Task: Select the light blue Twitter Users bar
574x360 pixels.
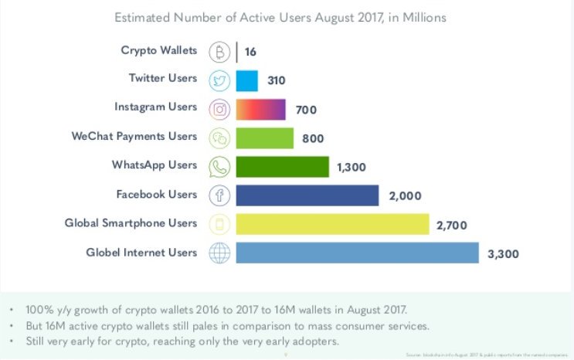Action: tap(246, 80)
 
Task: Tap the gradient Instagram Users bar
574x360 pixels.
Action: tap(260, 109)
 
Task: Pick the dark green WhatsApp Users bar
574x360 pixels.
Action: tap(283, 166)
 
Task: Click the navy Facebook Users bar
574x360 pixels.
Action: tap(307, 195)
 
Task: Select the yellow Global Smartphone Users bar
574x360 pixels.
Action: tap(332, 224)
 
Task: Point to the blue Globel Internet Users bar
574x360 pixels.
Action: tap(357, 253)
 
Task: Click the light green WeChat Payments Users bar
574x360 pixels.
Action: tap(264, 138)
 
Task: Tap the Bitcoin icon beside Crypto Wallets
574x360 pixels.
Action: tap(219, 51)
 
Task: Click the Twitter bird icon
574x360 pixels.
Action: tap(219, 80)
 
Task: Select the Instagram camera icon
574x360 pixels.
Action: tap(219, 108)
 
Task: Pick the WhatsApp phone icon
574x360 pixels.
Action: tap(219, 166)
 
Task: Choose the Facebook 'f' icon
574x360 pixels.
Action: tap(219, 195)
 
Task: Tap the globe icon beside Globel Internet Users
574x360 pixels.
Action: tap(219, 253)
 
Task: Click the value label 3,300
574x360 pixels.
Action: tap(505, 253)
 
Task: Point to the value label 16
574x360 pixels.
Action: tap(251, 52)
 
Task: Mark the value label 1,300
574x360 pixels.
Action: tap(354, 167)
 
